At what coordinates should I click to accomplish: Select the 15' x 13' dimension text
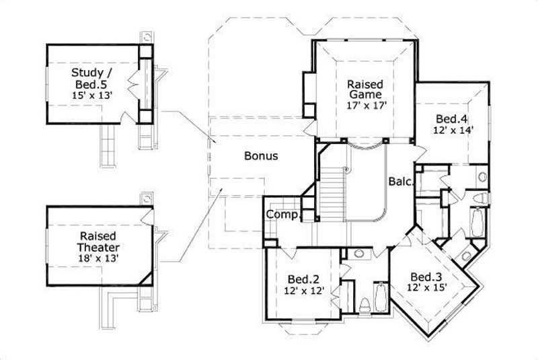pyautogui.click(x=91, y=96)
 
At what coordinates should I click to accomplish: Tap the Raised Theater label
pyautogui.click(x=99, y=242)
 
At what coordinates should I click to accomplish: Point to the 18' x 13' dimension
pyautogui.click(x=99, y=258)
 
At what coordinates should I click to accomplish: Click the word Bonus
pyautogui.click(x=261, y=155)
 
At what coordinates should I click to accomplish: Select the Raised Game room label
pyautogui.click(x=365, y=90)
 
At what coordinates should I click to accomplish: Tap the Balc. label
pyautogui.click(x=400, y=181)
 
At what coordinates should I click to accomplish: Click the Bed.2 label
pyautogui.click(x=303, y=279)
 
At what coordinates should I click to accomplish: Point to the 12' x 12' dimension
pyautogui.click(x=303, y=291)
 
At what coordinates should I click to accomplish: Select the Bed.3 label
pyautogui.click(x=426, y=277)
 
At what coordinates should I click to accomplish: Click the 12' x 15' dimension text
pyautogui.click(x=426, y=287)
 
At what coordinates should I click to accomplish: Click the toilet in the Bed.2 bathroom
pyautogui.click(x=365, y=305)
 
